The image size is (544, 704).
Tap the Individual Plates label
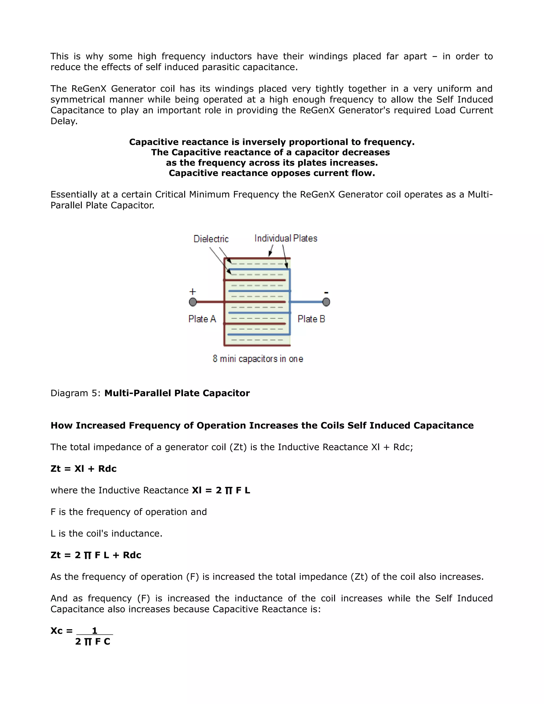[x=286, y=238]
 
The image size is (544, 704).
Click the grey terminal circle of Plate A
[x=193, y=302]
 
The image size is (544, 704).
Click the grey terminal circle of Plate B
[x=326, y=302]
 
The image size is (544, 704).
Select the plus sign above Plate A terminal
[x=192, y=292]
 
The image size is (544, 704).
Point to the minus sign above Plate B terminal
[x=326, y=293]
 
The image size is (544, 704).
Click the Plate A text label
[x=202, y=319]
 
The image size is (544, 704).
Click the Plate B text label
[x=311, y=319]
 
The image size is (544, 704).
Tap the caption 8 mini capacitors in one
[x=258, y=359]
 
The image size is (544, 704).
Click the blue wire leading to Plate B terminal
[x=308, y=302]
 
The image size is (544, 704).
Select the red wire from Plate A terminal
[x=210, y=302]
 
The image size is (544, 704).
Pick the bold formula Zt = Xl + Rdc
[x=83, y=469]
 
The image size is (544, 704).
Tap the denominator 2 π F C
[x=93, y=642]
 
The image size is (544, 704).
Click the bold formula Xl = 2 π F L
[x=221, y=490]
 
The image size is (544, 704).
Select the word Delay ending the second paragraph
[x=64, y=121]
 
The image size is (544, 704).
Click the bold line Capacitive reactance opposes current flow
[x=272, y=173]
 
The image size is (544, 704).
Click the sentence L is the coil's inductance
[x=106, y=533]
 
